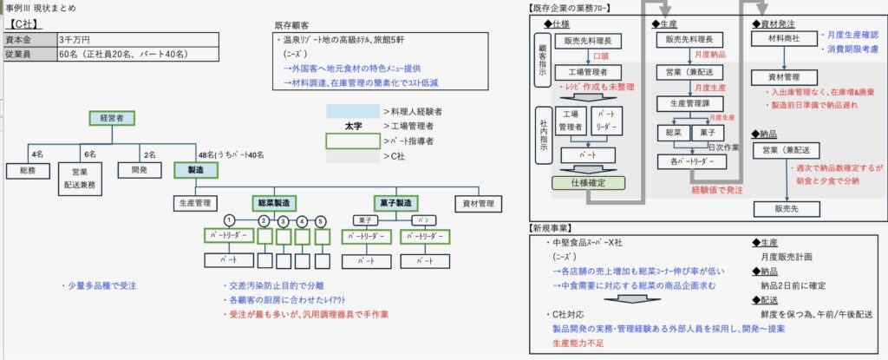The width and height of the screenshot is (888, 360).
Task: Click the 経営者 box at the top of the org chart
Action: coord(111,118)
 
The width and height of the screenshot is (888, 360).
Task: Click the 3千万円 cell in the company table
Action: coord(75,39)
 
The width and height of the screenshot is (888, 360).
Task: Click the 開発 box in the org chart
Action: coord(139,171)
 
